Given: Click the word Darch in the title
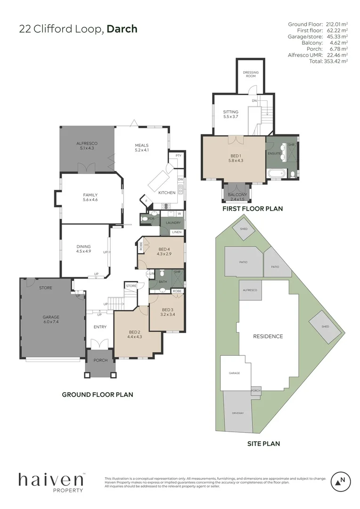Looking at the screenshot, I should (x=122, y=29).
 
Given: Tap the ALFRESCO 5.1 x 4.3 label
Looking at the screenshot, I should (x=86, y=145).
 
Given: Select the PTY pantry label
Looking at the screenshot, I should (x=178, y=156).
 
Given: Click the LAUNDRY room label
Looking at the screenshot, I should (x=172, y=223).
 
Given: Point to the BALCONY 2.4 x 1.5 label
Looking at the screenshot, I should (x=237, y=197).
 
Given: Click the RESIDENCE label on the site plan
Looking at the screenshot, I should (x=268, y=336).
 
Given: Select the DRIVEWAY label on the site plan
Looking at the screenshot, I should (x=237, y=413).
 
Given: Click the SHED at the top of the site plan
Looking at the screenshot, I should (x=244, y=229).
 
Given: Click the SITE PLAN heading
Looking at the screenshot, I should (x=263, y=443).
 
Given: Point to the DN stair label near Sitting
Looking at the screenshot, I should (x=254, y=101).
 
